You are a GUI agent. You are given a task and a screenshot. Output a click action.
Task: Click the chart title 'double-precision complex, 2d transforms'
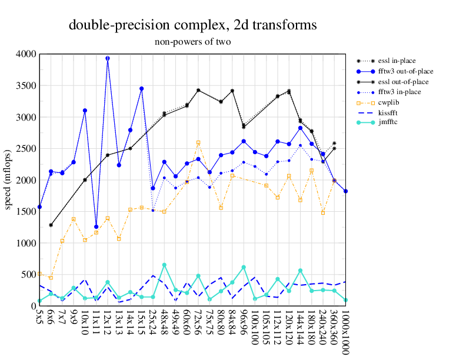[x=193, y=25]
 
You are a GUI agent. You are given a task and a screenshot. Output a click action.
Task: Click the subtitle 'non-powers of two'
[x=193, y=42]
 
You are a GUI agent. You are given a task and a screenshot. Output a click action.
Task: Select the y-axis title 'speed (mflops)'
[x=8, y=180]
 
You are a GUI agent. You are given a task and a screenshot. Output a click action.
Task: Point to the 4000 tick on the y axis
[x=26, y=54]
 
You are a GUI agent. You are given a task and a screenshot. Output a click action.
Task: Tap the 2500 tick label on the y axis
[x=26, y=149]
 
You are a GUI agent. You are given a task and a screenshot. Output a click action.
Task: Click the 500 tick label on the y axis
[x=29, y=275]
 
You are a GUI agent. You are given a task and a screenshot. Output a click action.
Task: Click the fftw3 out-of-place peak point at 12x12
[x=108, y=58]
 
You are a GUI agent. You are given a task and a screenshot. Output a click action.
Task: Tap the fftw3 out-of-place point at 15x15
[x=142, y=89]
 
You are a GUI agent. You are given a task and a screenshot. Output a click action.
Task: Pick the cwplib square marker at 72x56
[x=198, y=142]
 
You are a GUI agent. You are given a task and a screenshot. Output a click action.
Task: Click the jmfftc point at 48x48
[x=164, y=265]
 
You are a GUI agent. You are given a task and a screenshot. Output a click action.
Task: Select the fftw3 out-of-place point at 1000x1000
[x=346, y=191]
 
